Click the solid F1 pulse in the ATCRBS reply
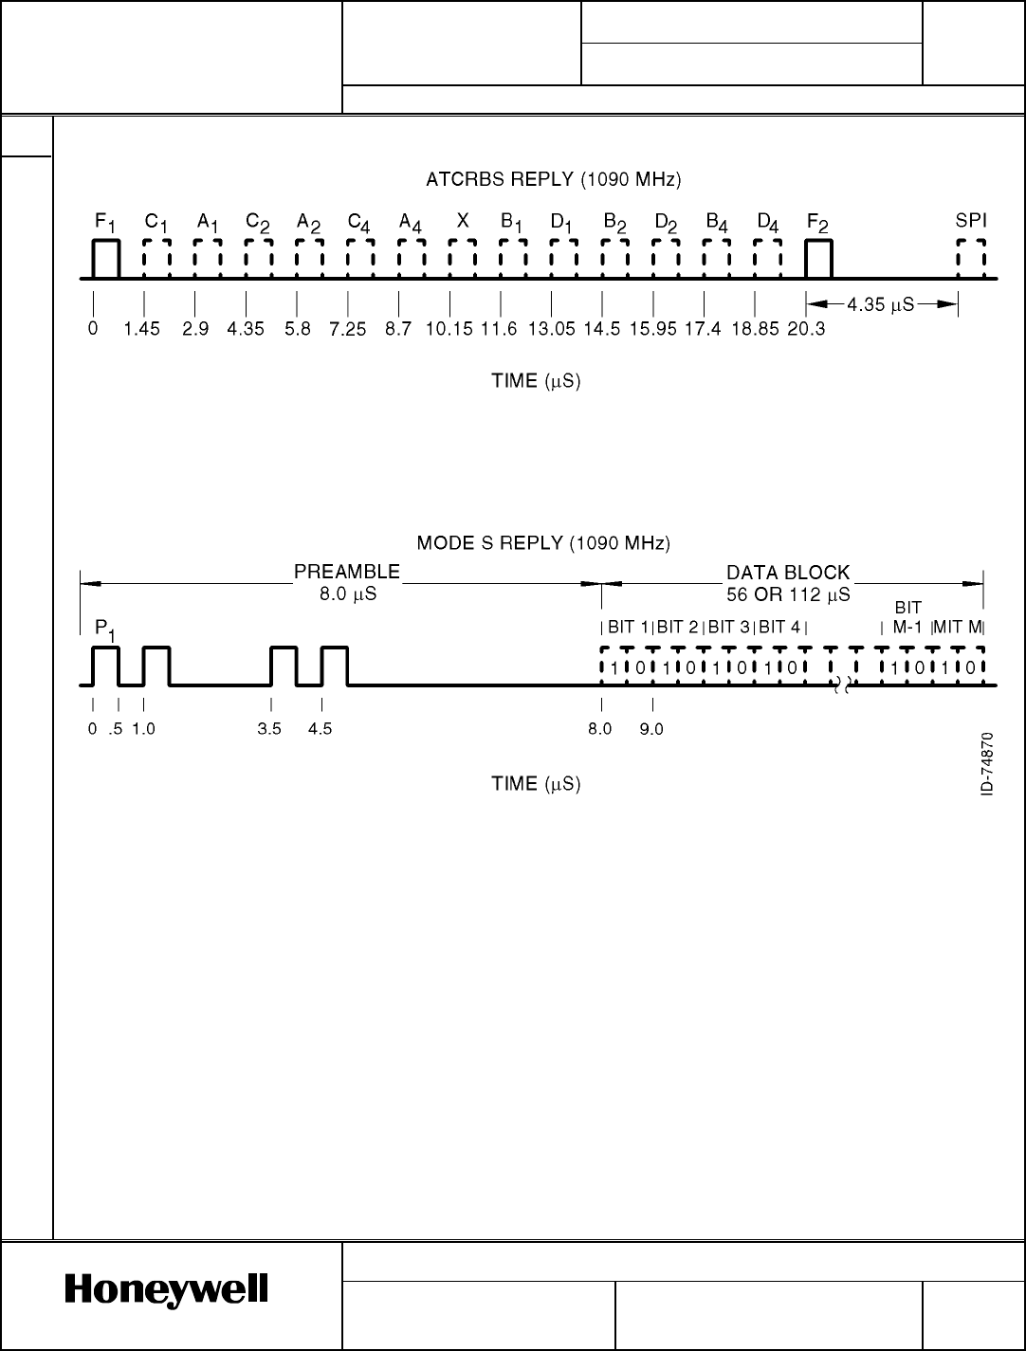click(105, 260)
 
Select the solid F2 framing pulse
click(818, 260)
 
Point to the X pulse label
click(463, 221)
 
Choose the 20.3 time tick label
click(806, 329)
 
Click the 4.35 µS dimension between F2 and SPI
click(881, 304)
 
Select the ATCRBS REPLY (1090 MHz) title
click(554, 178)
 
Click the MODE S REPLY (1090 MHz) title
click(544, 543)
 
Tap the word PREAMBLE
click(347, 572)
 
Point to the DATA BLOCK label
click(788, 573)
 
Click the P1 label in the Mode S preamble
click(105, 629)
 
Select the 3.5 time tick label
click(269, 729)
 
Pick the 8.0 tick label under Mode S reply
click(600, 729)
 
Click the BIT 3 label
click(728, 626)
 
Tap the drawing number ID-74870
click(987, 764)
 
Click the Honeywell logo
click(167, 1291)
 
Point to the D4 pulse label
click(768, 222)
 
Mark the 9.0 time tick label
click(651, 729)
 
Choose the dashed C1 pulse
click(156, 260)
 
